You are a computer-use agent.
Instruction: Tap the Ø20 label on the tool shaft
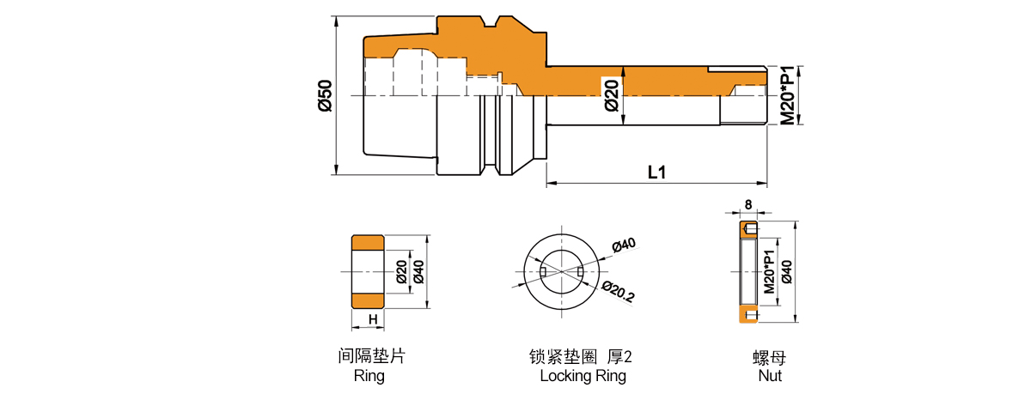pyautogui.click(x=611, y=94)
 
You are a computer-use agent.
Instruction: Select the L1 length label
pyautogui.click(x=656, y=172)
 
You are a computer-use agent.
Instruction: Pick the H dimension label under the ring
pyautogui.click(x=373, y=320)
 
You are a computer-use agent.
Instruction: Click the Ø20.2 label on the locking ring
pyautogui.click(x=618, y=293)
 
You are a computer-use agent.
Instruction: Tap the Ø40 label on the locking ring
pyautogui.click(x=623, y=246)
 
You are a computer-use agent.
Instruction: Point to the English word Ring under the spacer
pyautogui.click(x=369, y=376)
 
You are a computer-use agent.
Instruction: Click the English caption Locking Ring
pyautogui.click(x=583, y=376)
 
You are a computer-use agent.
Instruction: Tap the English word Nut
pyautogui.click(x=769, y=376)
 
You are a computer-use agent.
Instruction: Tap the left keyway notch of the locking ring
pyautogui.click(x=542, y=272)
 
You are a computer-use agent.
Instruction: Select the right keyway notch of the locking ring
pyautogui.click(x=581, y=272)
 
